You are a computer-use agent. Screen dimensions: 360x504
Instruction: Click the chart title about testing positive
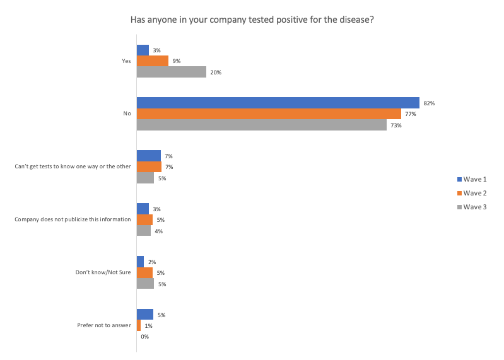[x=252, y=20]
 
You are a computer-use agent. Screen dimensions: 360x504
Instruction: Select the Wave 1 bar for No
[x=278, y=103]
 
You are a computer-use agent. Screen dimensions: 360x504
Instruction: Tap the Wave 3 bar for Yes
[x=172, y=72]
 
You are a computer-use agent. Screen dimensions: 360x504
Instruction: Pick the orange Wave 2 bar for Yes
[x=153, y=61]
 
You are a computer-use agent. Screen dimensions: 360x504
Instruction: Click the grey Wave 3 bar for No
[x=262, y=125]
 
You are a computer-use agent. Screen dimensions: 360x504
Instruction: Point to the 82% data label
[x=430, y=103]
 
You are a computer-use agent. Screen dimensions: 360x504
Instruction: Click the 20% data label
[x=216, y=73]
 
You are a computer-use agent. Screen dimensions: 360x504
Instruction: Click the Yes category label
[x=126, y=61]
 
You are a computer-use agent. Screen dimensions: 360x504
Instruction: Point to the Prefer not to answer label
[x=104, y=325]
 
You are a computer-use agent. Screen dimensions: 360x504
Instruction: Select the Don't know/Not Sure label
[x=103, y=272]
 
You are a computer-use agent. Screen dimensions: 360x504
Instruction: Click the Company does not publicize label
[x=73, y=219]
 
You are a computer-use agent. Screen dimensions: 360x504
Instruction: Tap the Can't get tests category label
[x=73, y=166]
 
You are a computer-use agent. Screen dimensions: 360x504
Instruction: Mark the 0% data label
[x=144, y=337]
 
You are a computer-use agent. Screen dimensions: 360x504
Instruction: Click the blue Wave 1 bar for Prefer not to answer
[x=145, y=315]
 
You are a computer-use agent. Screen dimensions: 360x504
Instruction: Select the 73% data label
[x=396, y=125]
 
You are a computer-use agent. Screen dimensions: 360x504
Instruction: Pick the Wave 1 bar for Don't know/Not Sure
[x=140, y=262]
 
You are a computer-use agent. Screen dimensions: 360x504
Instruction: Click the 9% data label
[x=177, y=61]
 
